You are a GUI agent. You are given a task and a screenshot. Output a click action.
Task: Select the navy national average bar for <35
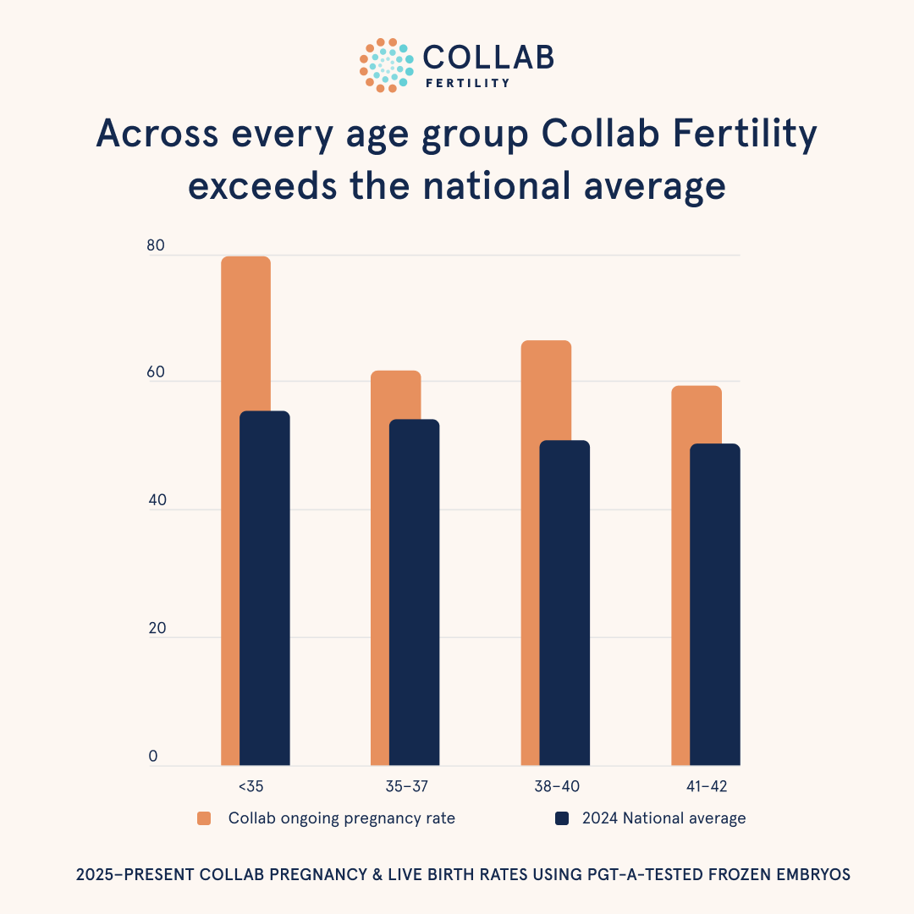(x=265, y=588)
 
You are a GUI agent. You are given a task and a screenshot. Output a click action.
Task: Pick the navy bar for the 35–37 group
(x=415, y=592)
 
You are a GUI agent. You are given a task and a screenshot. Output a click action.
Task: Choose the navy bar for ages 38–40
(x=564, y=603)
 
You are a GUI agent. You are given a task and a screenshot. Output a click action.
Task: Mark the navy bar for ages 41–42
(x=715, y=604)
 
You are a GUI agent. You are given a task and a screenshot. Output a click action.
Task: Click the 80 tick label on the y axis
(x=156, y=245)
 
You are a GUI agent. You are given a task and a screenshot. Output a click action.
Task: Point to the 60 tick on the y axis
(x=156, y=372)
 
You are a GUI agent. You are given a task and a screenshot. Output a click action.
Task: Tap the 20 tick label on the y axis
(x=157, y=628)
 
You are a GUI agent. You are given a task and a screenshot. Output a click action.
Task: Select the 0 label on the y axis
(x=153, y=756)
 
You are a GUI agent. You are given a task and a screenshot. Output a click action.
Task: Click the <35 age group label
(x=251, y=786)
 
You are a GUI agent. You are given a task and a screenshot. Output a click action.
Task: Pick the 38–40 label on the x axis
(x=557, y=786)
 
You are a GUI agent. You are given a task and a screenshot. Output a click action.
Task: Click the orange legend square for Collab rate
(x=204, y=818)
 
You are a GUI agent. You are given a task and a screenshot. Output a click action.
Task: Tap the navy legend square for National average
(x=562, y=818)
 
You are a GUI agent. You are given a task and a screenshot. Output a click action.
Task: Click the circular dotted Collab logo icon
(x=387, y=65)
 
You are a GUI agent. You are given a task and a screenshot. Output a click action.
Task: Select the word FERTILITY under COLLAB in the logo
(x=467, y=83)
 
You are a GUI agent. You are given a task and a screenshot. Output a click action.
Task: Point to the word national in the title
(x=497, y=185)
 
